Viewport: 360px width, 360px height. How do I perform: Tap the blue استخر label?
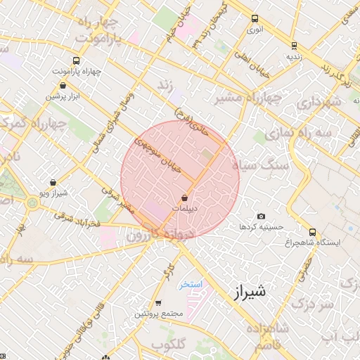point(191,284)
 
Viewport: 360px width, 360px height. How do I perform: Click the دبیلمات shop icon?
point(185,198)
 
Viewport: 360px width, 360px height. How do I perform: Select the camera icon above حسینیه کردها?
point(262,217)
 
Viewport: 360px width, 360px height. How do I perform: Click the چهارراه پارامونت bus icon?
point(77,61)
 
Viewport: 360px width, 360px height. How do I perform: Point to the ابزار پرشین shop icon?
point(63,86)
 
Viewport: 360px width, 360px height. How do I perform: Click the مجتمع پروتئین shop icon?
point(157,304)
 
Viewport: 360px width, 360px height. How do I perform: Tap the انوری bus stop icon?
point(254,20)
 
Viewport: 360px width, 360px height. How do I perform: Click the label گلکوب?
point(169,344)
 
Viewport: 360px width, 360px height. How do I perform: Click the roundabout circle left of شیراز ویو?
point(32,202)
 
